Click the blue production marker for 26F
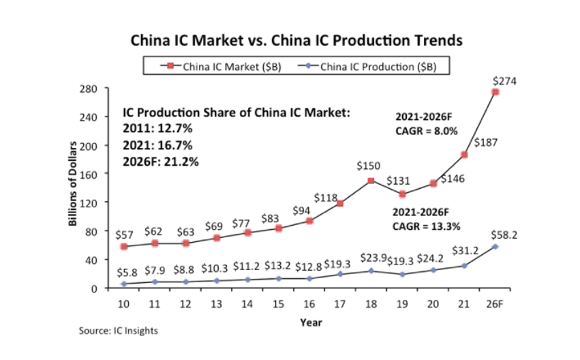point(495,246)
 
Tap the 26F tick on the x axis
point(495,302)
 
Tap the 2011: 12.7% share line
point(157,128)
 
